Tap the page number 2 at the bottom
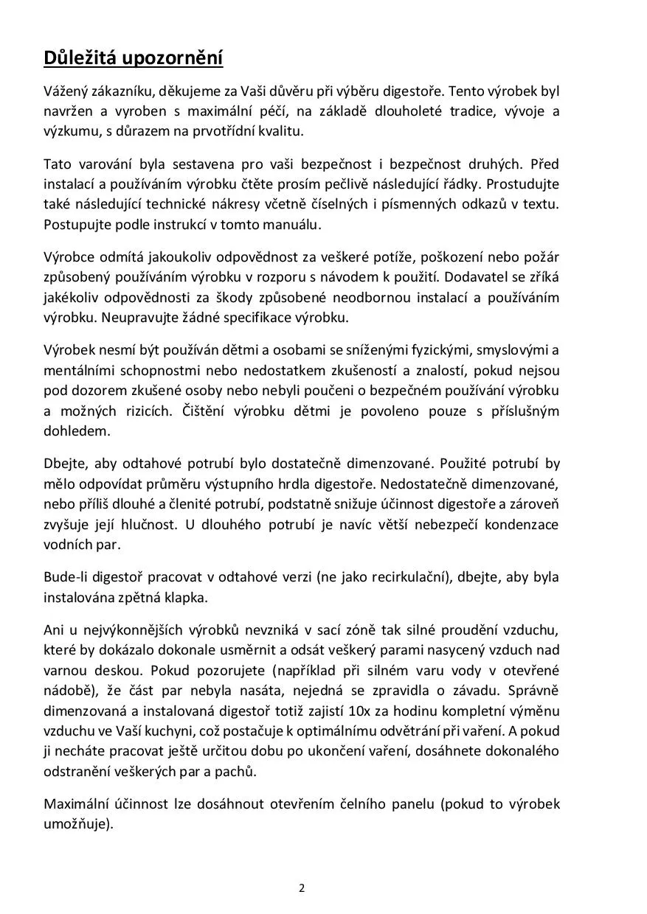point(302,887)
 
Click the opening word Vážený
point(65,92)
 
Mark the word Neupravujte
point(133,318)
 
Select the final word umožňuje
point(77,824)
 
